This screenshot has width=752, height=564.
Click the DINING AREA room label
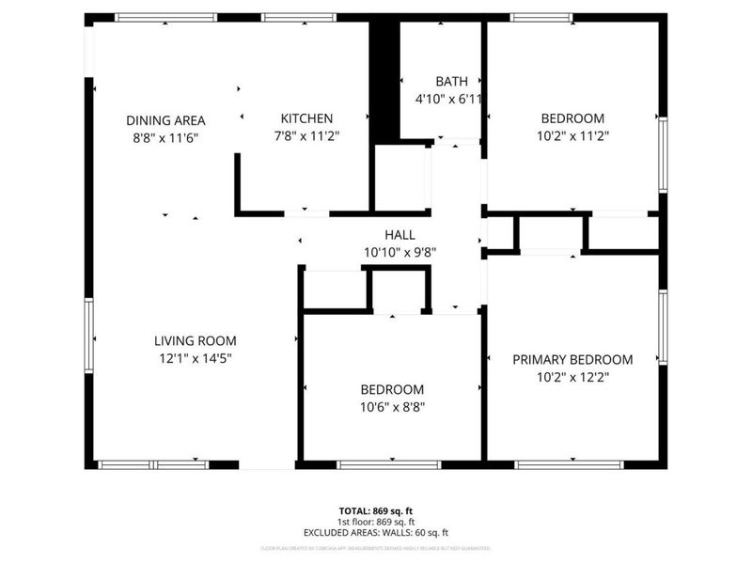pos(165,120)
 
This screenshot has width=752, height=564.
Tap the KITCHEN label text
pos(306,118)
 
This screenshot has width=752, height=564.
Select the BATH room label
pos(450,82)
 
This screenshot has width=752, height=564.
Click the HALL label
pos(399,234)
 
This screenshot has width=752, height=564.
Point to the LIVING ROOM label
pos(196,340)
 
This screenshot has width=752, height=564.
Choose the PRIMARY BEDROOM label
pos(572,359)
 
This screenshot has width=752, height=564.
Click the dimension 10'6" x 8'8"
pos(392,407)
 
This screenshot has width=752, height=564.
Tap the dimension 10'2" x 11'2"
pos(572,135)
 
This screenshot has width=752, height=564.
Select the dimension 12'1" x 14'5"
pos(196,358)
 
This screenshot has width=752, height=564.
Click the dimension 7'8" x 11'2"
pos(306,135)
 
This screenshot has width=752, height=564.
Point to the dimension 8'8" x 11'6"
pos(165,137)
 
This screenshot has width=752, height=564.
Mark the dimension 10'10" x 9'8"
pos(399,251)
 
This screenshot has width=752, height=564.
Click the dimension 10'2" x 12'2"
pos(572,376)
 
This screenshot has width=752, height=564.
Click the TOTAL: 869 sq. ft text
pos(375,511)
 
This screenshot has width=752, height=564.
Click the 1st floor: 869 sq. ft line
pos(375,522)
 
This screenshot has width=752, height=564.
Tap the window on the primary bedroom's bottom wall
pos(569,464)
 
